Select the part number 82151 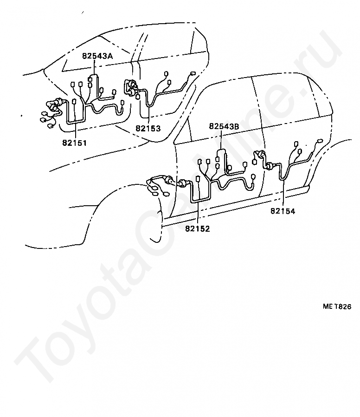(x=74, y=143)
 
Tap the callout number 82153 (x=148, y=128)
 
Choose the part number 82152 (x=197, y=228)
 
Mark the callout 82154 (x=283, y=211)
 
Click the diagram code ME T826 (x=337, y=306)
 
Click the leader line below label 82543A (x=95, y=67)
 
